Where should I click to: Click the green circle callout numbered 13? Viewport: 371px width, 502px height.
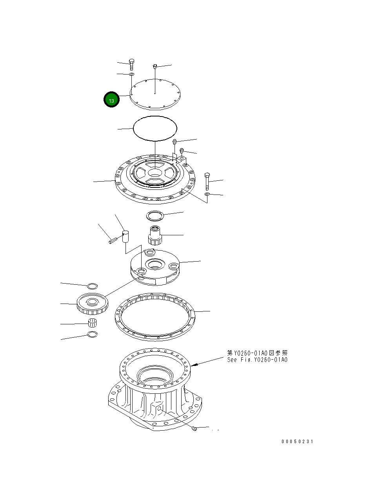111,100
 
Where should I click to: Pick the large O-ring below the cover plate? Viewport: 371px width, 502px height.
155,128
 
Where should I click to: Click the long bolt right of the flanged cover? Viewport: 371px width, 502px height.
207,181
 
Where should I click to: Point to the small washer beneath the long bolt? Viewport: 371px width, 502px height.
207,194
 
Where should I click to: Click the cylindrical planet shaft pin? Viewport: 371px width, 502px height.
125,237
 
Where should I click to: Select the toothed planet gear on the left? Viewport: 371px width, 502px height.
93,303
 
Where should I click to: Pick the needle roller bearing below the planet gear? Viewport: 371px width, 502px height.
92,323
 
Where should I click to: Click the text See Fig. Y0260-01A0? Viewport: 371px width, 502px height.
257,360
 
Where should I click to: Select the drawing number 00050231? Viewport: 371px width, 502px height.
297,442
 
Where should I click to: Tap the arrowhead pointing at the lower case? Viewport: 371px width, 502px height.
194,365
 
